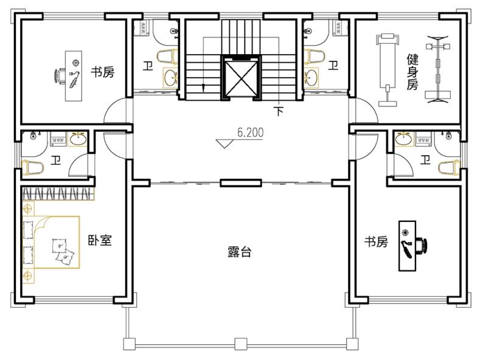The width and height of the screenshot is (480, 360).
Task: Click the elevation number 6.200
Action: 250,133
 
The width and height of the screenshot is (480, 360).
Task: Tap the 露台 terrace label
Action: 239,252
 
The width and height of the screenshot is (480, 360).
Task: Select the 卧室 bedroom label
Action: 100,240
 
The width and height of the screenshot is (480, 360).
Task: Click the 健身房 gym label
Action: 412,72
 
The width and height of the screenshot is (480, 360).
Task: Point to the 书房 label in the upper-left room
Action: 102,72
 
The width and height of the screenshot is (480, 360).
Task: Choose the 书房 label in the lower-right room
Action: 376,241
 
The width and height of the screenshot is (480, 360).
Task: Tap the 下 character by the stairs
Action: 278,111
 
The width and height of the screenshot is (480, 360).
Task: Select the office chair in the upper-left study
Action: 60,76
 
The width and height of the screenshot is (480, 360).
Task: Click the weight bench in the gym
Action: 388,71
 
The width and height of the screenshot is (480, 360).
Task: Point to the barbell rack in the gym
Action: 438,69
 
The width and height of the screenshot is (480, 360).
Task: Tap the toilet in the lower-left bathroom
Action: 33,167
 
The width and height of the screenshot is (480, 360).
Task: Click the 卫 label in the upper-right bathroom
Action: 333,66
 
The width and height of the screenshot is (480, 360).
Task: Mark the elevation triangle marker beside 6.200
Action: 224,144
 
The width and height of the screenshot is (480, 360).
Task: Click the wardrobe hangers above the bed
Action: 58,194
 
